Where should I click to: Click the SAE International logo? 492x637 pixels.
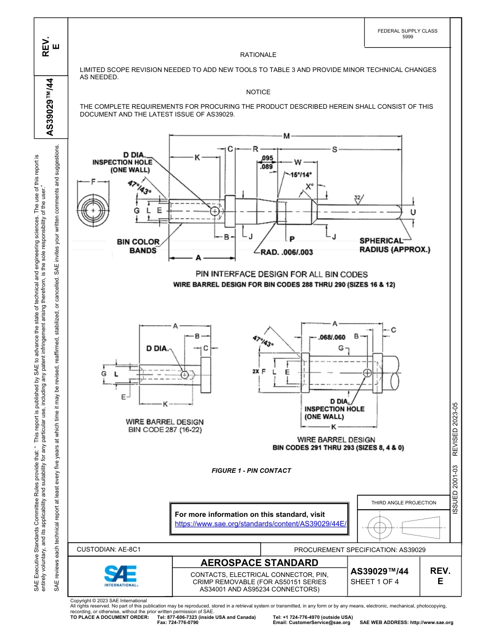tap(120, 575)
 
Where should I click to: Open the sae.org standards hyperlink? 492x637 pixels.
tap(260, 524)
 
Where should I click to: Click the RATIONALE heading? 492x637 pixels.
tap(258, 55)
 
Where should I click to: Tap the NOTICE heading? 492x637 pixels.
tap(258, 92)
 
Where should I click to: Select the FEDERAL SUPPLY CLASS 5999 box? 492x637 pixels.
tap(408, 34)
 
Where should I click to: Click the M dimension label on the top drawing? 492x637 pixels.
tap(286, 136)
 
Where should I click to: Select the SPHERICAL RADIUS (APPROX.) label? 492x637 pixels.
tap(395, 245)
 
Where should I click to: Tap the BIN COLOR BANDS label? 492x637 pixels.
tap(138, 246)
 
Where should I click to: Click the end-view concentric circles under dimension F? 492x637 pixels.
tap(93, 211)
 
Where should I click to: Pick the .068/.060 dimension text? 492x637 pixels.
tap(331, 337)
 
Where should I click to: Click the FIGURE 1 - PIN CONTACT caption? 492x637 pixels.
tap(251, 471)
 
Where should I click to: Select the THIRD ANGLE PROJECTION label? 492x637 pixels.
tap(403, 502)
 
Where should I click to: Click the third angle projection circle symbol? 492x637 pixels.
tap(380, 528)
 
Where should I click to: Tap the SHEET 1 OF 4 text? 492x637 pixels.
tap(374, 582)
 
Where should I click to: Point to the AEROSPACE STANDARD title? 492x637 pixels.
tap(259, 563)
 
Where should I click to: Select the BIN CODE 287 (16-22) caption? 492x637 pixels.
tap(165, 430)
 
